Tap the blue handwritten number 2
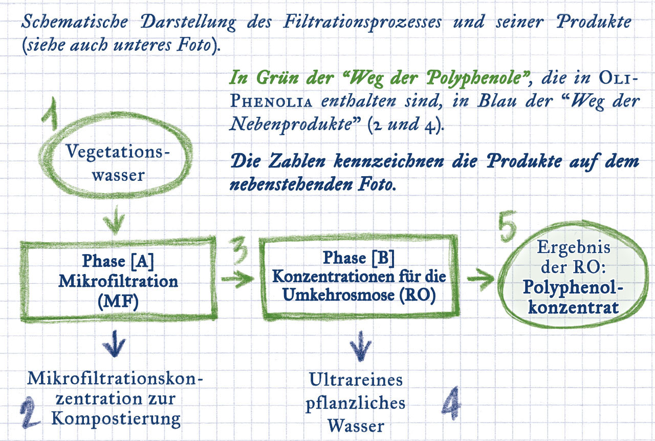pos(32,413)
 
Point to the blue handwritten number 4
pos(452,401)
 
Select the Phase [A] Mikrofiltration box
pos(118,281)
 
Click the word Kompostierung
pos(117,418)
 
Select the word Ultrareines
pos(356,380)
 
